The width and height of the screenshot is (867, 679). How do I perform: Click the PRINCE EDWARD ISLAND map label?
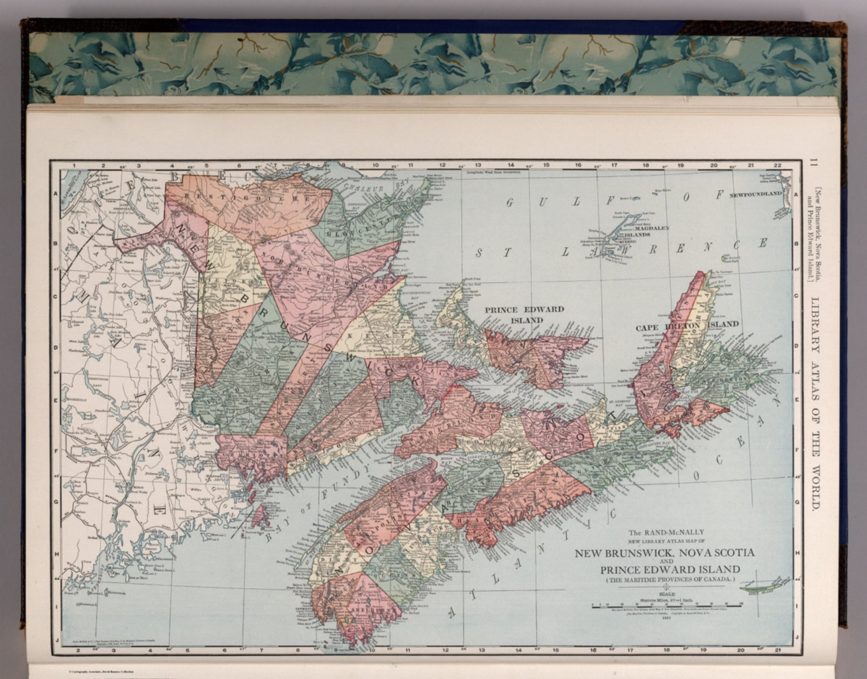[524, 314]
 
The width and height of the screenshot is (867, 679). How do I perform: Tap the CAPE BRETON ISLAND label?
[687, 325]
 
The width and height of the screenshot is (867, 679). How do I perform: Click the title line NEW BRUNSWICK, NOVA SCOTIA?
[664, 552]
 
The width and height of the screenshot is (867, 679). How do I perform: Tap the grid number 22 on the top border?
[778, 165]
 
